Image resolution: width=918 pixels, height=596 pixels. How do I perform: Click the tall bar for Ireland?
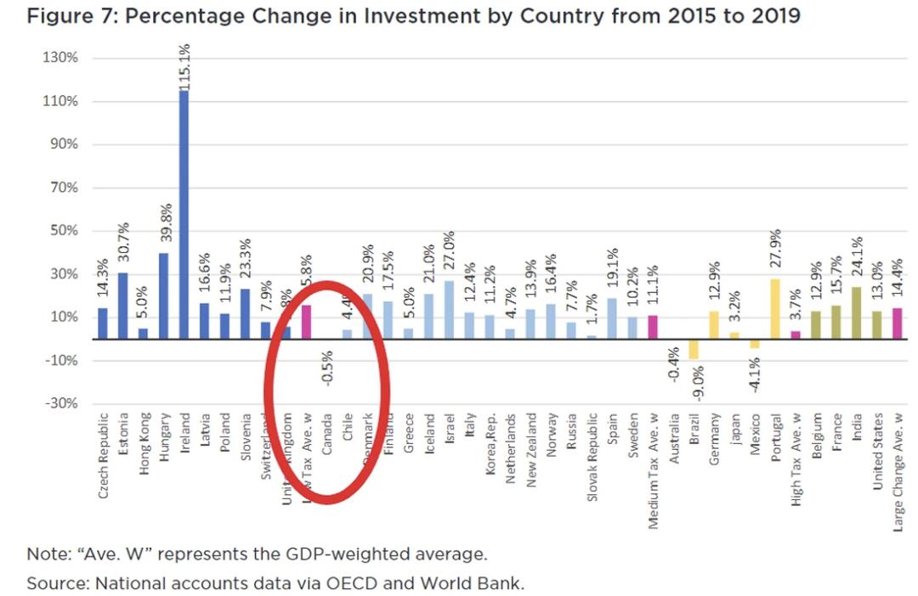[184, 212]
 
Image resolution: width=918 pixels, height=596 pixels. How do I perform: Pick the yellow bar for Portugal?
[775, 308]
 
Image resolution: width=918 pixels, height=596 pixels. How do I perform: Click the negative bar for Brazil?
[694, 349]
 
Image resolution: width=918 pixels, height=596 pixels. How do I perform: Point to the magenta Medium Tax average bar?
[654, 327]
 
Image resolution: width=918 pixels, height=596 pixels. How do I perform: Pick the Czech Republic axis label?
[104, 455]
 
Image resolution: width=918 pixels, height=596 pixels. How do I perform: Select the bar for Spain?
[613, 318]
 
